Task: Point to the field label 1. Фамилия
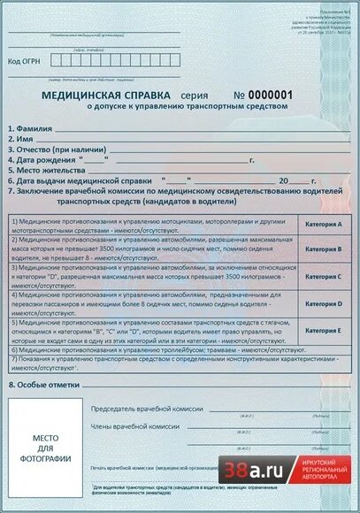click(x=32, y=128)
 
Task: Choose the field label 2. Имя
click(x=21, y=139)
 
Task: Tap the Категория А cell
click(x=323, y=225)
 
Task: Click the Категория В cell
click(x=323, y=249)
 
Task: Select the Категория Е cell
click(x=323, y=330)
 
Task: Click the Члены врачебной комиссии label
click(x=129, y=426)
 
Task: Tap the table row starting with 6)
click(x=150, y=349)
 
